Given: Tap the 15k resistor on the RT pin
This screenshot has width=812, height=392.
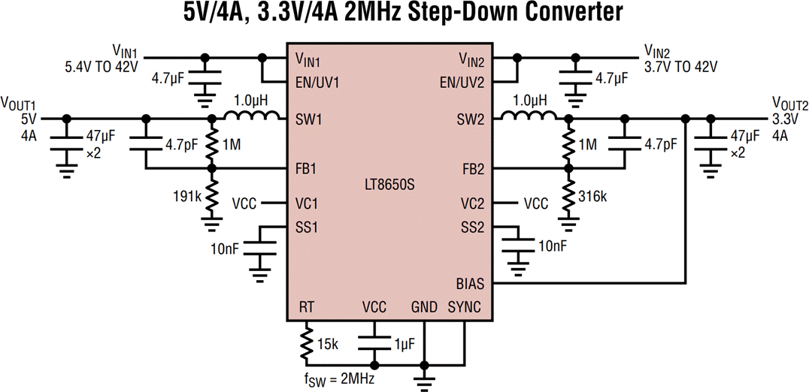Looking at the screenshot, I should tap(307, 342).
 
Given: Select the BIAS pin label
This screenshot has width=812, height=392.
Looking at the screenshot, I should tap(470, 283).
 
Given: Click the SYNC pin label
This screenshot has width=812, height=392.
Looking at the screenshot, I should tap(465, 307).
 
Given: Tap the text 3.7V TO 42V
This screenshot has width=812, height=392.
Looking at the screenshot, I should tap(681, 65).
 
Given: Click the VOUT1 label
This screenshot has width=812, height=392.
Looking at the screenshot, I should tap(18, 103).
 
